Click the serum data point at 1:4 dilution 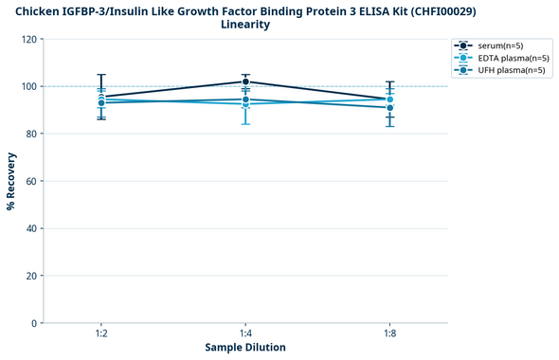[x=245, y=81]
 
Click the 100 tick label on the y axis [x=29, y=86]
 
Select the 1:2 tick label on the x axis [x=100, y=334]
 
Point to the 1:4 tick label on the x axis [x=245, y=334]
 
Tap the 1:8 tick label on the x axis [x=390, y=334]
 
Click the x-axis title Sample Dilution [x=245, y=348]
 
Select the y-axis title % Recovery [x=11, y=181]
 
